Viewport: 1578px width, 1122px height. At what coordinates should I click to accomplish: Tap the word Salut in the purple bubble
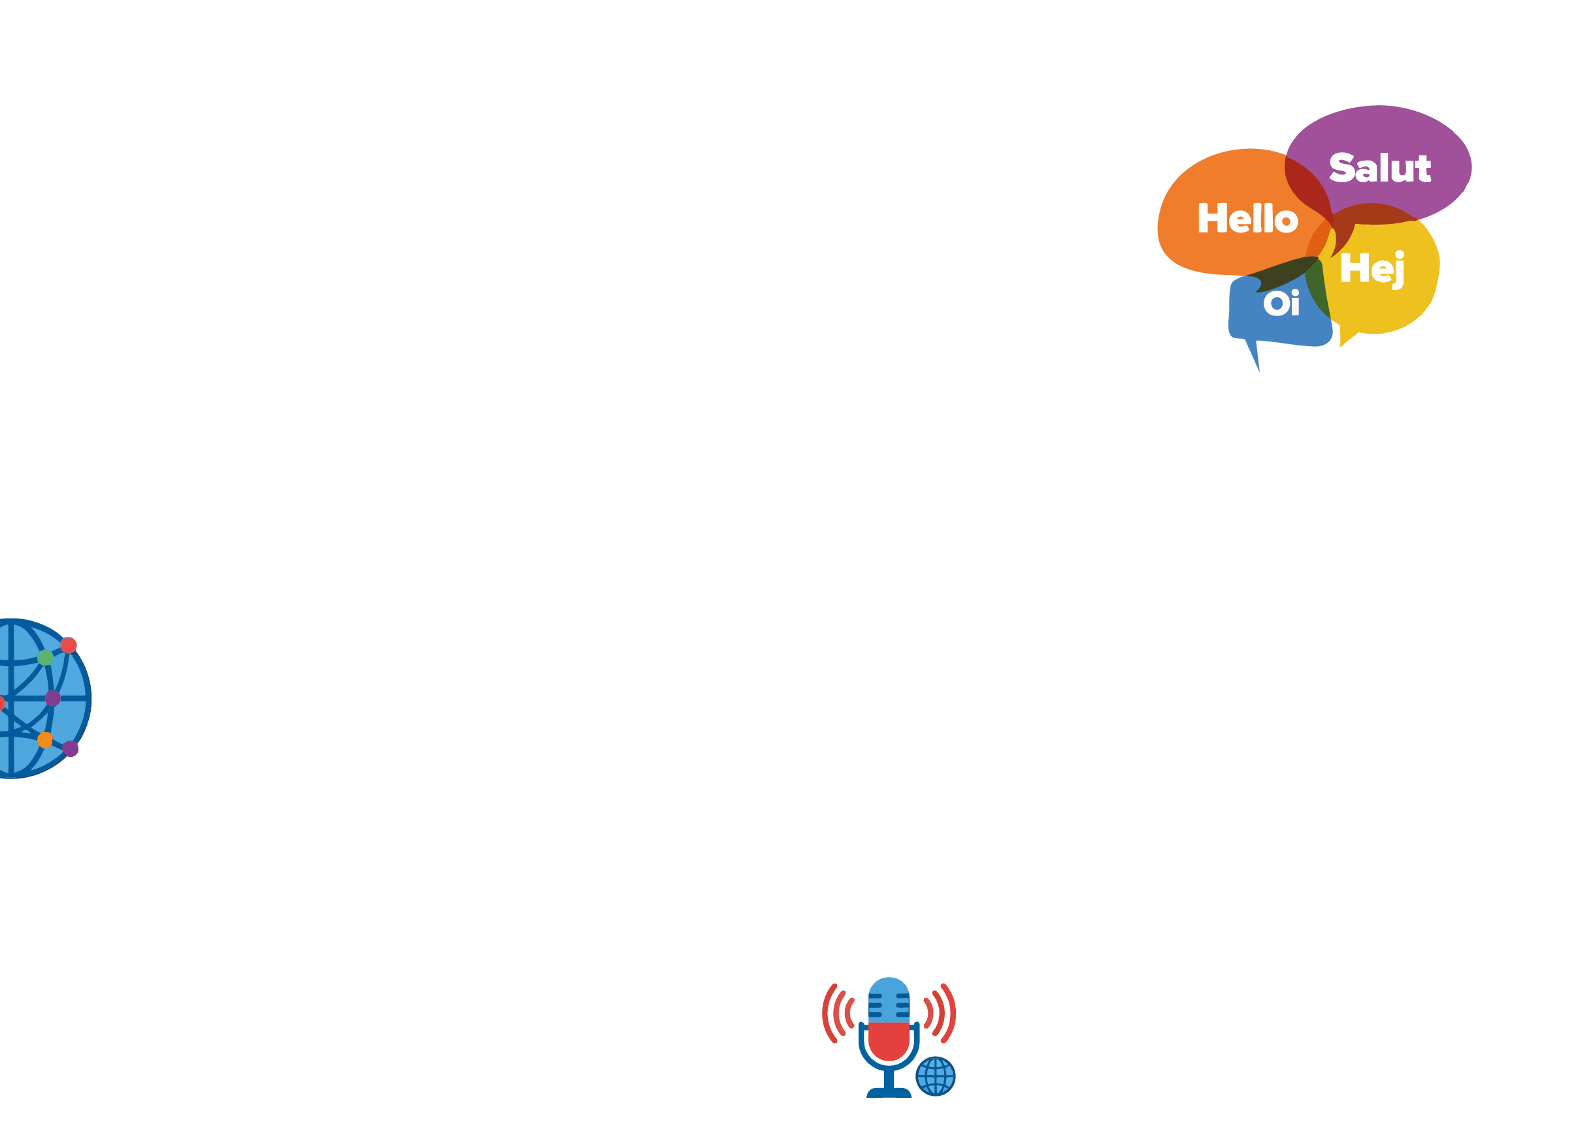[1379, 168]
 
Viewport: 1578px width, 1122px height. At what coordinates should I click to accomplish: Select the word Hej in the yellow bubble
[1373, 269]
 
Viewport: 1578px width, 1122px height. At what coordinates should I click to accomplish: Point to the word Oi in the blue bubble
[1281, 302]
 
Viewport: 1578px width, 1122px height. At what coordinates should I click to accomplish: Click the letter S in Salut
[1342, 168]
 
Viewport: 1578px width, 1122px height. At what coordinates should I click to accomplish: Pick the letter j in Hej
[1398, 270]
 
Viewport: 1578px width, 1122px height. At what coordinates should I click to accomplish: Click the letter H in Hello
[1212, 217]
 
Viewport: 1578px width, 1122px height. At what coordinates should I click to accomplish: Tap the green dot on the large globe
[46, 657]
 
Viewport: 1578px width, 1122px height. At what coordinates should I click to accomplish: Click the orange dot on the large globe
[45, 740]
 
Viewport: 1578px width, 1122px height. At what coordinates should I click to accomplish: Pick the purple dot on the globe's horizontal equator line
[52, 699]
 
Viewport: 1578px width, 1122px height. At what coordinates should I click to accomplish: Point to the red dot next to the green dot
[69, 645]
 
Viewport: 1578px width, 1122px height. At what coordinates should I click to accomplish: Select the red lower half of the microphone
[889, 1041]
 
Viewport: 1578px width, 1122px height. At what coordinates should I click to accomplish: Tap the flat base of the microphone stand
[889, 1093]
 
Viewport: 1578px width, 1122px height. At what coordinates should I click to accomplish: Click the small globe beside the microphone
[936, 1076]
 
